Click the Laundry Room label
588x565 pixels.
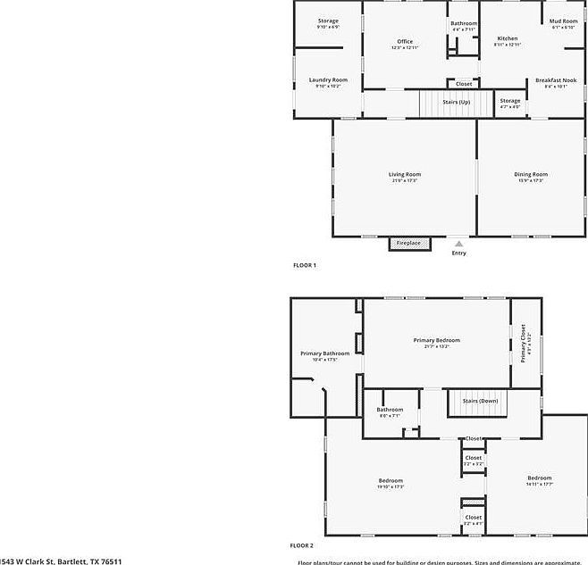point(328,79)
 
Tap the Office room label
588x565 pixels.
point(405,42)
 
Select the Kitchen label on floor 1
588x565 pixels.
point(507,39)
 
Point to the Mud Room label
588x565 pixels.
point(563,21)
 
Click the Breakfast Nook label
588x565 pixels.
point(556,80)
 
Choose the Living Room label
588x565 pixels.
point(404,175)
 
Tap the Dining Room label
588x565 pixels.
point(531,175)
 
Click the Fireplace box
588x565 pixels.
point(409,243)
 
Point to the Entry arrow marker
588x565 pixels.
point(458,242)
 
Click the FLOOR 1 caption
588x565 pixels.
point(305,265)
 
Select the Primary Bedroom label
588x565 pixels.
point(436,341)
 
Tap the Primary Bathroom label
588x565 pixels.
point(324,354)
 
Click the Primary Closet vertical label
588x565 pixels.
point(525,344)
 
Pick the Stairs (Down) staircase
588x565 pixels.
point(480,402)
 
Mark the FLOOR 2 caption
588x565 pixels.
point(301,544)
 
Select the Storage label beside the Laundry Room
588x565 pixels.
point(328,21)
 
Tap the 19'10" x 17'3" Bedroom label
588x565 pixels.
point(391,481)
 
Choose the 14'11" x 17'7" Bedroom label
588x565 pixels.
point(539,478)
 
